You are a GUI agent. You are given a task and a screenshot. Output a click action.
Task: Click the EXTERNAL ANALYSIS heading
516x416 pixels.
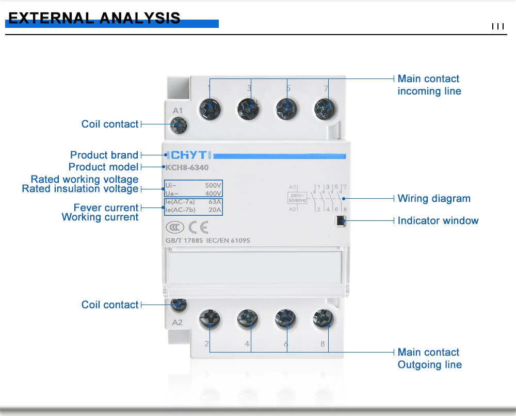[95, 19]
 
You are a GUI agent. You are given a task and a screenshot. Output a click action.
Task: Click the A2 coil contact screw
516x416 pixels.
[179, 305]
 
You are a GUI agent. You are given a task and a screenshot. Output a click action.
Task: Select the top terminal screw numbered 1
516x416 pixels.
[211, 108]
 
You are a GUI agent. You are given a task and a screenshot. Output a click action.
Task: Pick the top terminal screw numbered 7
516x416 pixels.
[325, 108]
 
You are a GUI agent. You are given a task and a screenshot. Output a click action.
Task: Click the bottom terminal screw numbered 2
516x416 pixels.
[210, 321]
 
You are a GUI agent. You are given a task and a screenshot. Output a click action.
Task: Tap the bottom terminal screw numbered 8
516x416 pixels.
[323, 321]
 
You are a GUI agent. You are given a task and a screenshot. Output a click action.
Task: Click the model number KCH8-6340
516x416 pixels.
[187, 167]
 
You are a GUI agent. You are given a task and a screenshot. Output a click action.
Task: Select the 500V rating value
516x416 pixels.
[213, 185]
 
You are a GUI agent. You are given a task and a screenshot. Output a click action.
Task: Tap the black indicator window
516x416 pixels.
[340, 221]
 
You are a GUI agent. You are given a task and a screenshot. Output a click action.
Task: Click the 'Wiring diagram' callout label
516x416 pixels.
[434, 199]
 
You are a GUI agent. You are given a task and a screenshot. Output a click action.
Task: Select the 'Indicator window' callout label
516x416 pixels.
[438, 221]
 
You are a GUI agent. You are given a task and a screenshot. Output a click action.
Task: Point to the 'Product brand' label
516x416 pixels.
[104, 155]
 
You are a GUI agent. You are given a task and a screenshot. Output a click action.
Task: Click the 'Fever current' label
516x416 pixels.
[106, 207]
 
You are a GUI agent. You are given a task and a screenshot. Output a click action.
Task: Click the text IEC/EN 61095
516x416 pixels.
[228, 241]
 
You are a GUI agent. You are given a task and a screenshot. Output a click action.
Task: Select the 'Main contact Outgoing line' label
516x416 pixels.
[429, 358]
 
